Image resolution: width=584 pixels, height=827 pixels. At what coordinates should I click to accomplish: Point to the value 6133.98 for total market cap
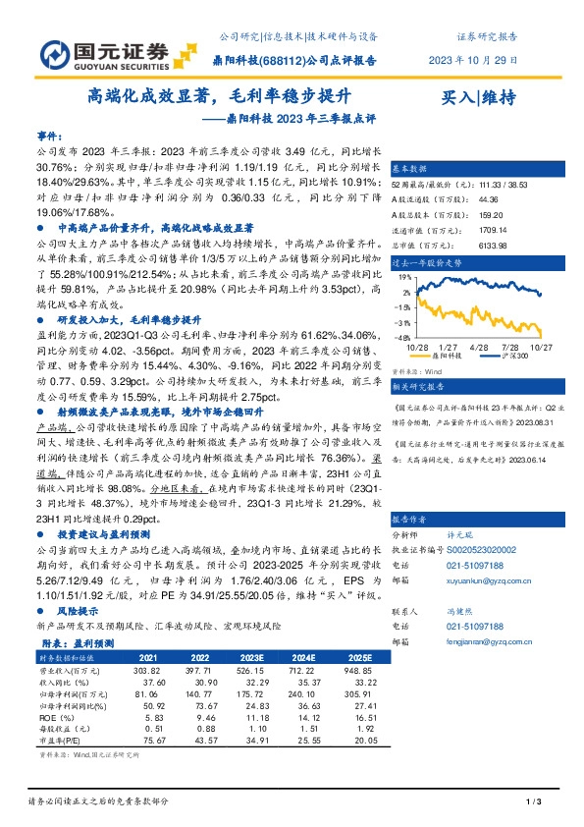pos(465,245)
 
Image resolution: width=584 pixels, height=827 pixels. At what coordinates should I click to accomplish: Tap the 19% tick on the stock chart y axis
pos(404,278)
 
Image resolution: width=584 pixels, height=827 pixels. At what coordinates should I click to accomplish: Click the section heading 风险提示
pos(79,610)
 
